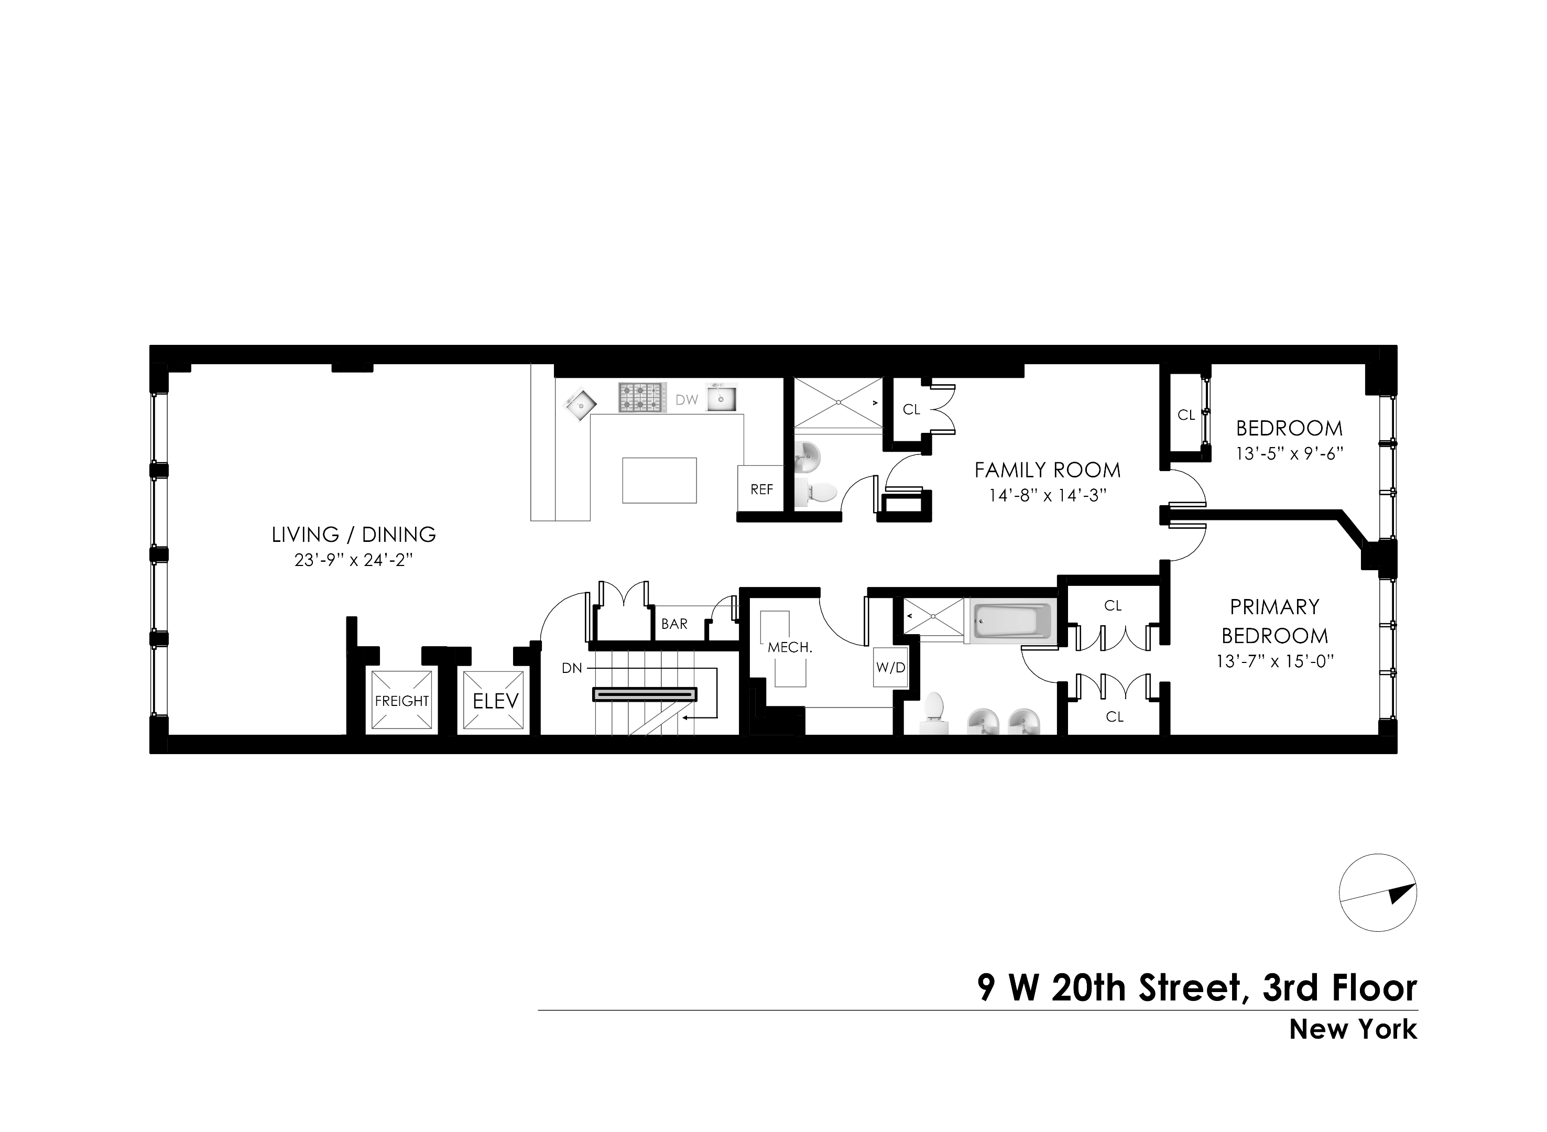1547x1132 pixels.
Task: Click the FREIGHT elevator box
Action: click(401, 700)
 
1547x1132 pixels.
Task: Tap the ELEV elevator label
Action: click(495, 700)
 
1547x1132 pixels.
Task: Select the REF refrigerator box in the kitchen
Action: click(761, 488)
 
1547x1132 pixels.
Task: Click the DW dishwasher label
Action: click(686, 399)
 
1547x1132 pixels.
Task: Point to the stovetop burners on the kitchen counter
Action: click(642, 397)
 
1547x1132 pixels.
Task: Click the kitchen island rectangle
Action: click(659, 481)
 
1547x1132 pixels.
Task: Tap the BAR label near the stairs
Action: click(674, 624)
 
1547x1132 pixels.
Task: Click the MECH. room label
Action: click(789, 647)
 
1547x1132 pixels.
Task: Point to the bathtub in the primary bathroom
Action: click(1011, 622)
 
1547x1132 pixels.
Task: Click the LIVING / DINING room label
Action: click(354, 535)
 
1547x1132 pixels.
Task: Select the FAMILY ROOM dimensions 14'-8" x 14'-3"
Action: click(1048, 495)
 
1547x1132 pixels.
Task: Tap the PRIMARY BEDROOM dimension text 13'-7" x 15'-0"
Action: click(1274, 661)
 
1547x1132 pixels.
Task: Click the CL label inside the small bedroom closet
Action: click(1186, 415)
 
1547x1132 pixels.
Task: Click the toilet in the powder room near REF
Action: click(819, 492)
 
